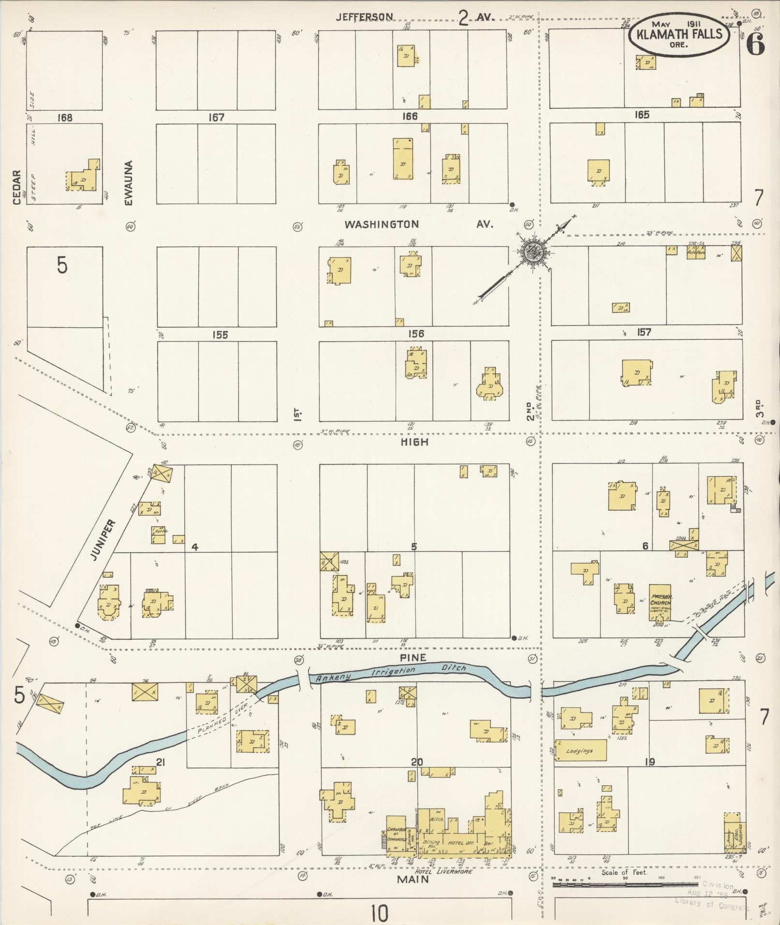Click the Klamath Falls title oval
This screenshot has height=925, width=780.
[679, 34]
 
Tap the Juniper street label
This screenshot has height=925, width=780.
[103, 540]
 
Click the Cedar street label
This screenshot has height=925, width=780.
[17, 187]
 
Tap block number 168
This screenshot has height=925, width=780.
[64, 117]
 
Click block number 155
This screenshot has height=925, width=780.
[220, 335]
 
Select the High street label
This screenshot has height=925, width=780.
[415, 442]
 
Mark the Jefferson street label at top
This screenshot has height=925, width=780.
[365, 17]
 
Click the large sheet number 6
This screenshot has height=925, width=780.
[755, 45]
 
